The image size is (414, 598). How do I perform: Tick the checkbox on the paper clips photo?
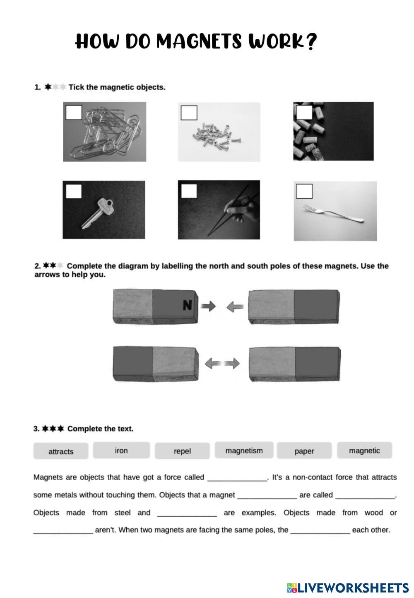click(74, 112)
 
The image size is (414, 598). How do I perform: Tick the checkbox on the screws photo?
click(189, 113)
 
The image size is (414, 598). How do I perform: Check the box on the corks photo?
click(304, 112)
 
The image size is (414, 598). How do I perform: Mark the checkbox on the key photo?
click(74, 191)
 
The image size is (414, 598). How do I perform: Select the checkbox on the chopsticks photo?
click(189, 191)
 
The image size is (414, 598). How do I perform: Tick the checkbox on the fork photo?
click(304, 191)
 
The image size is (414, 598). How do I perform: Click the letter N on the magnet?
click(188, 306)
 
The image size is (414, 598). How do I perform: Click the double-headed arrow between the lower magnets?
click(222, 364)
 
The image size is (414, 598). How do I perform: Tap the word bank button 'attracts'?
click(61, 451)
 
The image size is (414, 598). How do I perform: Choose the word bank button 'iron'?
click(121, 451)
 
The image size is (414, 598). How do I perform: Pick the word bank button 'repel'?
click(182, 451)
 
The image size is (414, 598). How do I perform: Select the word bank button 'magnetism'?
click(244, 451)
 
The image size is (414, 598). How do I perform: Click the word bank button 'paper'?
click(304, 451)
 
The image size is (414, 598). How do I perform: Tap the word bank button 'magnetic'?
click(364, 451)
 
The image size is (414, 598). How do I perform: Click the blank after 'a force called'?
click(237, 478)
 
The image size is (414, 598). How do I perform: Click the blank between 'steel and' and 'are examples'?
click(187, 514)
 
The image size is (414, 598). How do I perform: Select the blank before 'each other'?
click(320, 531)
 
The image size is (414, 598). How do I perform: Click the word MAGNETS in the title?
click(199, 42)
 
